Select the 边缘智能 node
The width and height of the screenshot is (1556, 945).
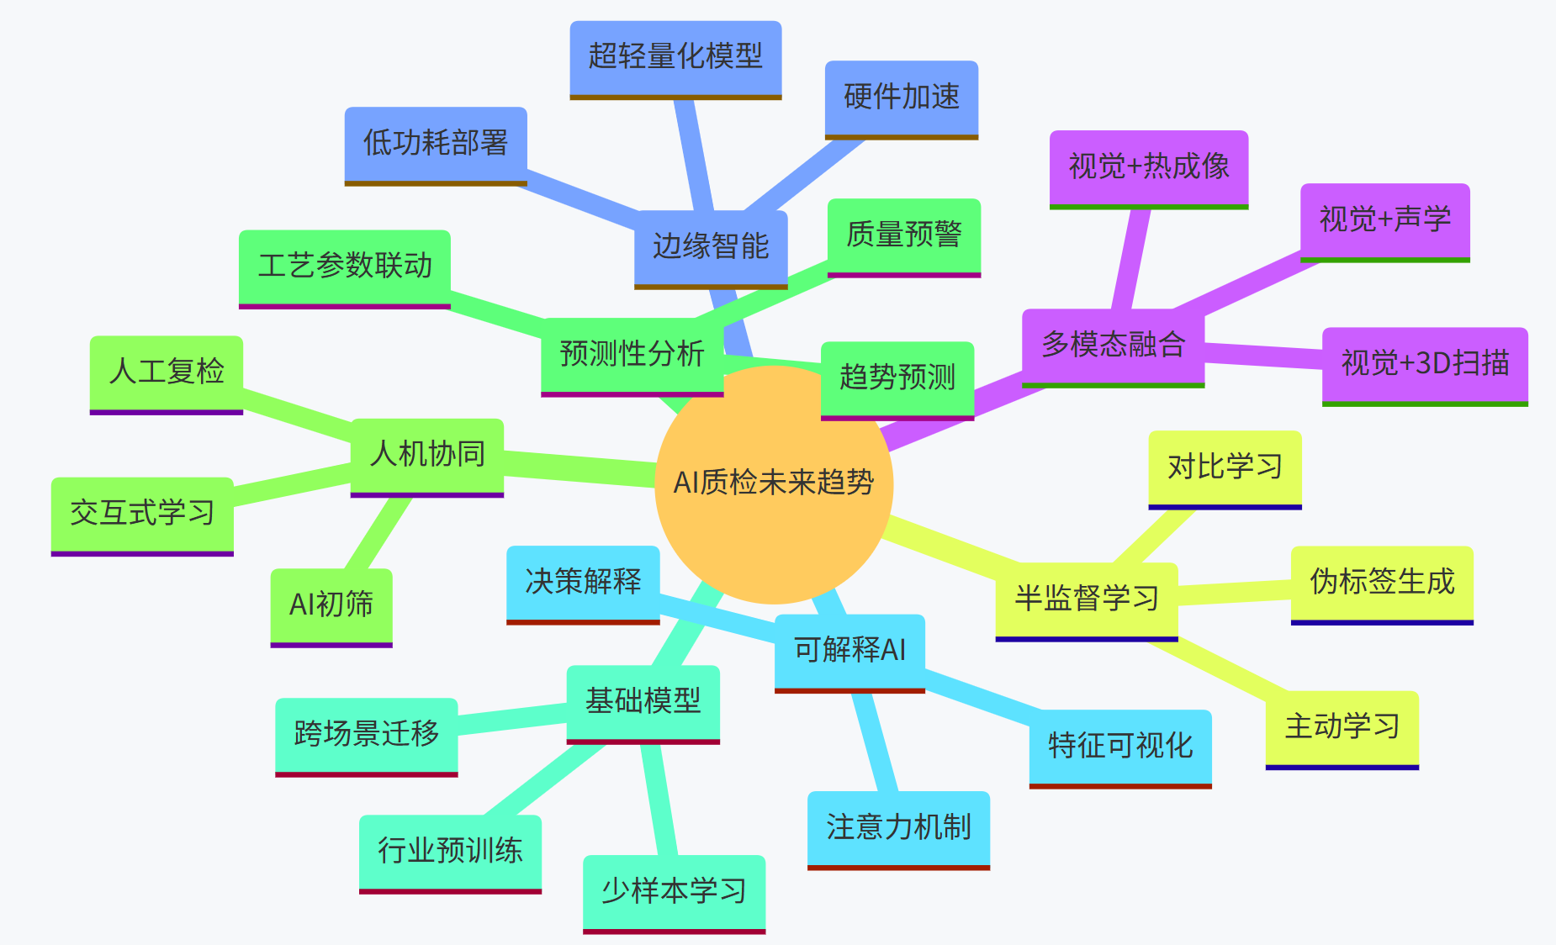tap(711, 246)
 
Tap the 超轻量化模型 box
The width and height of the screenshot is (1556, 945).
tap(675, 57)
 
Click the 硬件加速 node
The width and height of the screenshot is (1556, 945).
tap(901, 97)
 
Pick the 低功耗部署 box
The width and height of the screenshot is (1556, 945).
tap(436, 143)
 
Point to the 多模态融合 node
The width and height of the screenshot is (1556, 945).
tap(1113, 346)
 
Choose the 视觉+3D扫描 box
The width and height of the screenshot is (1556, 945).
tap(1425, 363)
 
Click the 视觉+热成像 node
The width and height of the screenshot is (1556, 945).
tap(1148, 166)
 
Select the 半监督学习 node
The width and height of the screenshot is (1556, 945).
tap(1086, 599)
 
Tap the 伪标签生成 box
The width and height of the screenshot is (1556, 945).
tap(1382, 582)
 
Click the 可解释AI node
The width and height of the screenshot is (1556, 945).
tap(849, 651)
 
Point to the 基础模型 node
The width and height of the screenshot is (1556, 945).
tap(643, 702)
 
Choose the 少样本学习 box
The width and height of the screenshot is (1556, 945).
tap(674, 891)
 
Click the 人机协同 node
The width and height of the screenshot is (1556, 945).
tap(426, 455)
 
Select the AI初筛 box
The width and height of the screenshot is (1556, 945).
tap(331, 604)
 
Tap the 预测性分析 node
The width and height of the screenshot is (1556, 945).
tap(632, 354)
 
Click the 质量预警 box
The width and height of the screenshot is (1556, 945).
tap(903, 235)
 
